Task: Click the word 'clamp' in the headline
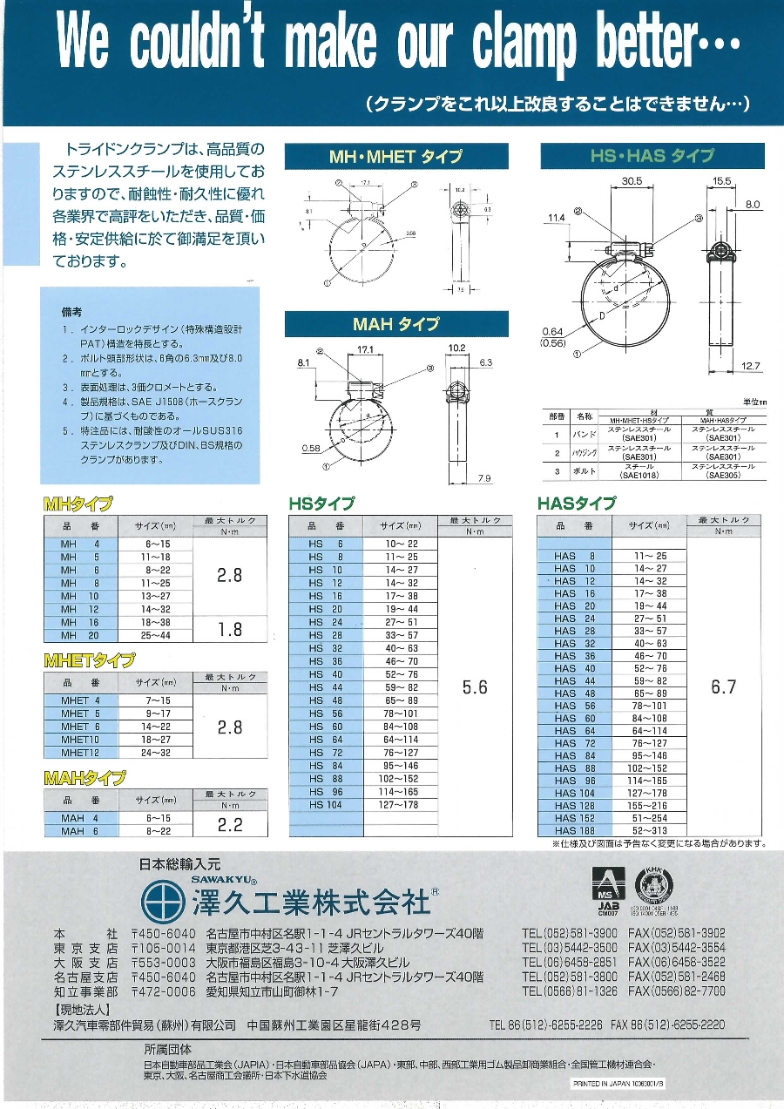tap(524, 42)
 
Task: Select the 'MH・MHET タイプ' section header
tap(395, 157)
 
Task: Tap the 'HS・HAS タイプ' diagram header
tap(652, 157)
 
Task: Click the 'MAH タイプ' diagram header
tap(396, 324)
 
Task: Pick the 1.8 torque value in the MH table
tap(229, 629)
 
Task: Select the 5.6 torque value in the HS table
tap(475, 687)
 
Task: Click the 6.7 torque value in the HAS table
tap(723, 687)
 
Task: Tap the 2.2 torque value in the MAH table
tap(229, 825)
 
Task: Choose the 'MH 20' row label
tap(80, 636)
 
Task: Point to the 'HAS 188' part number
tap(575, 831)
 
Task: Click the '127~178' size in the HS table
tap(400, 805)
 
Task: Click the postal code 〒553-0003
tap(163, 963)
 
